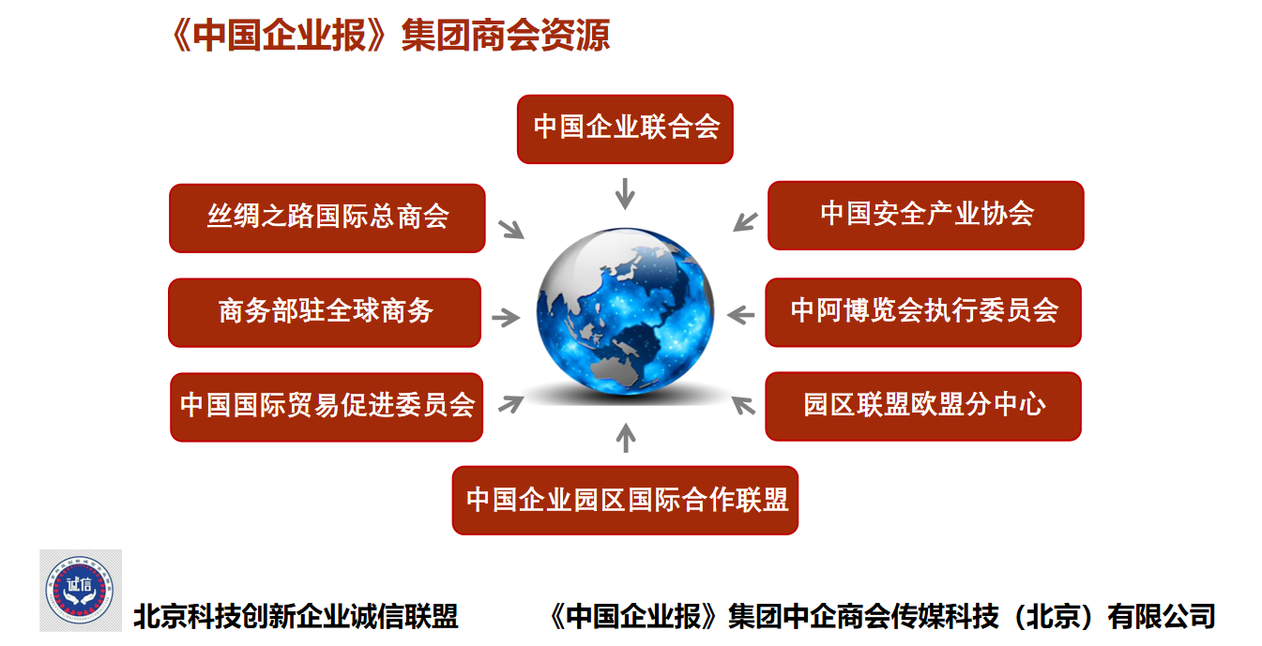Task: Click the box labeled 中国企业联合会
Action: point(625,129)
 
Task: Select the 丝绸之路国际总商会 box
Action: point(327,218)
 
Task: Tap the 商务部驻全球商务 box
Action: point(325,312)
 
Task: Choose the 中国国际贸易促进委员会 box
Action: point(327,407)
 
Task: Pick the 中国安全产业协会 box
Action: point(926,215)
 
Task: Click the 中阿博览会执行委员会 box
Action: point(923,312)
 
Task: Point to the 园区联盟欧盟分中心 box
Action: point(923,406)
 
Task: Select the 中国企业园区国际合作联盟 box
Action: point(625,500)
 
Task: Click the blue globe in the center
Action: point(625,311)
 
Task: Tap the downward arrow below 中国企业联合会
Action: point(625,194)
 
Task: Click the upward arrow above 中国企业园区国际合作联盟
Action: point(625,438)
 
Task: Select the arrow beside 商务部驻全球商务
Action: point(506,318)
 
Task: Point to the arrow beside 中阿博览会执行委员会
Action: point(741,315)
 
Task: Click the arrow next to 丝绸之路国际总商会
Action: point(511,229)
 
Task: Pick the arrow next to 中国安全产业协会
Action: point(745,221)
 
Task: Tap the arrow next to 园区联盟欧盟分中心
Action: point(743,406)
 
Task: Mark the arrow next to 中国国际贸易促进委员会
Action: point(511,404)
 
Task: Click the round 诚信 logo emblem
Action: point(80,590)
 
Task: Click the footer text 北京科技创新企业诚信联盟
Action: point(296,616)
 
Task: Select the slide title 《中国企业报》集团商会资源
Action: point(390,36)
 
